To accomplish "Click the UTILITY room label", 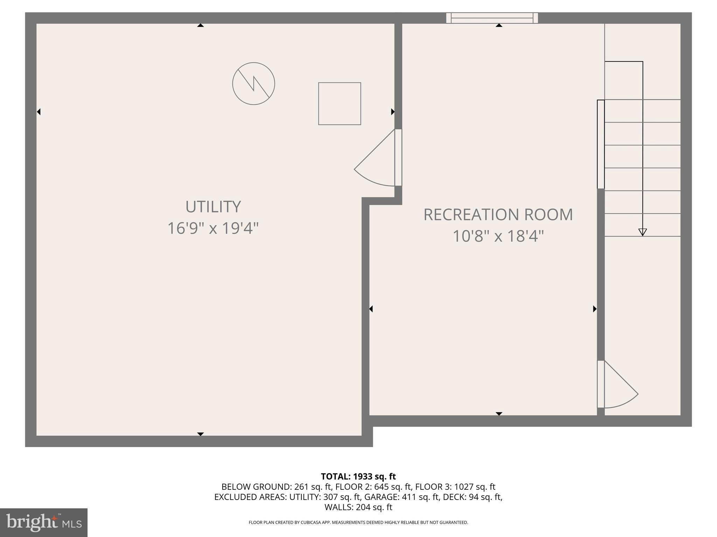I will point(213,207).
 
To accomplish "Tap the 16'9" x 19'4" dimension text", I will point(213,228).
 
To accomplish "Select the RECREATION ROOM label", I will point(498,215).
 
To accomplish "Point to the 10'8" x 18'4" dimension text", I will point(498,236).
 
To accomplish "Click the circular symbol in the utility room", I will point(253,84).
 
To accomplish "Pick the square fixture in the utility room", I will point(339,103).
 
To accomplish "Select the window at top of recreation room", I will point(492,18).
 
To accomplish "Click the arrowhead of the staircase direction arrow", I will point(642,232).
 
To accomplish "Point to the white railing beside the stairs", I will point(600,144).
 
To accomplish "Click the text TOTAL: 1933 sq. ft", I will point(358,477).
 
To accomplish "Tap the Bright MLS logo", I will point(43,522).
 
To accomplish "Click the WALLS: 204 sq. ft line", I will point(358,507).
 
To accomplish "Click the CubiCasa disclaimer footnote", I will point(358,522).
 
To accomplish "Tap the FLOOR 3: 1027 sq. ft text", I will point(455,487).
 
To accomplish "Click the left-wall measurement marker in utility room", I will point(39,112).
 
